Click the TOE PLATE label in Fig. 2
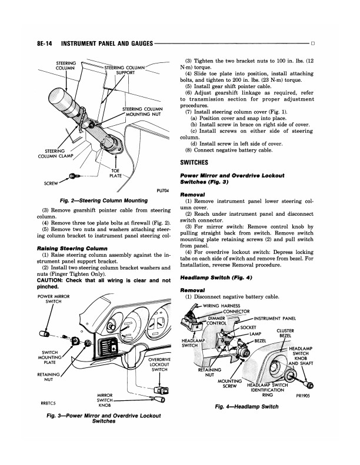click(115, 173)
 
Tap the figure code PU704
click(164, 190)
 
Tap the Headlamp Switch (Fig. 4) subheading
click(217, 277)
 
